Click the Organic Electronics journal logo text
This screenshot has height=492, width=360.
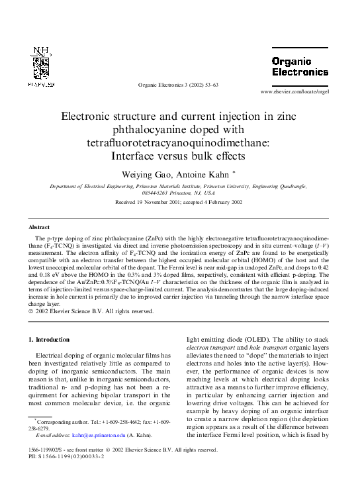299,66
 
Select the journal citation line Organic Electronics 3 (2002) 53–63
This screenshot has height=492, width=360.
178,85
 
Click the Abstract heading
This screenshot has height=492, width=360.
40,226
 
